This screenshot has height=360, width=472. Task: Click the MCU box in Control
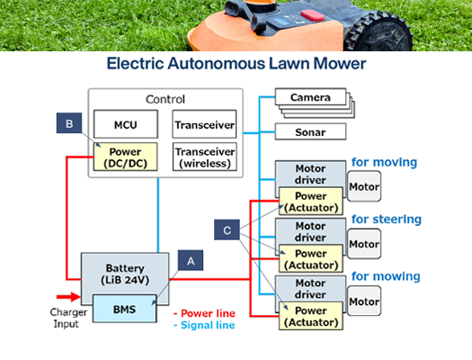pyautogui.click(x=125, y=123)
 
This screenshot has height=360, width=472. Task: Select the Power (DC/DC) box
pyautogui.click(x=125, y=157)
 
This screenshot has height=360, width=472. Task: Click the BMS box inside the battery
pyautogui.click(x=125, y=308)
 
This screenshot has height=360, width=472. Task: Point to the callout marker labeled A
pyautogui.click(x=189, y=260)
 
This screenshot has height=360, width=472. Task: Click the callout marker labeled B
pyautogui.click(x=68, y=124)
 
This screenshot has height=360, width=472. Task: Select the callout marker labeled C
pyautogui.click(x=227, y=231)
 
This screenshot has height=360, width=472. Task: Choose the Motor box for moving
pyautogui.click(x=364, y=188)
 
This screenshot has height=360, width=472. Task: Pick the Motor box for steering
pyautogui.click(x=364, y=244)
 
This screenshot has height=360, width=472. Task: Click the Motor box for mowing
pyautogui.click(x=364, y=301)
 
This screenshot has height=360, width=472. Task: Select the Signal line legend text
pyautogui.click(x=206, y=327)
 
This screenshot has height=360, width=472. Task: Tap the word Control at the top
pyautogui.click(x=165, y=99)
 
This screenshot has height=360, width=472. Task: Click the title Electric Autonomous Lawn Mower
pyautogui.click(x=235, y=64)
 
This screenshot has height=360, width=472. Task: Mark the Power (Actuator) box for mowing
pyautogui.click(x=310, y=315)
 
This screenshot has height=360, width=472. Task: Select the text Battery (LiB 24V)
pyautogui.click(x=125, y=274)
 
